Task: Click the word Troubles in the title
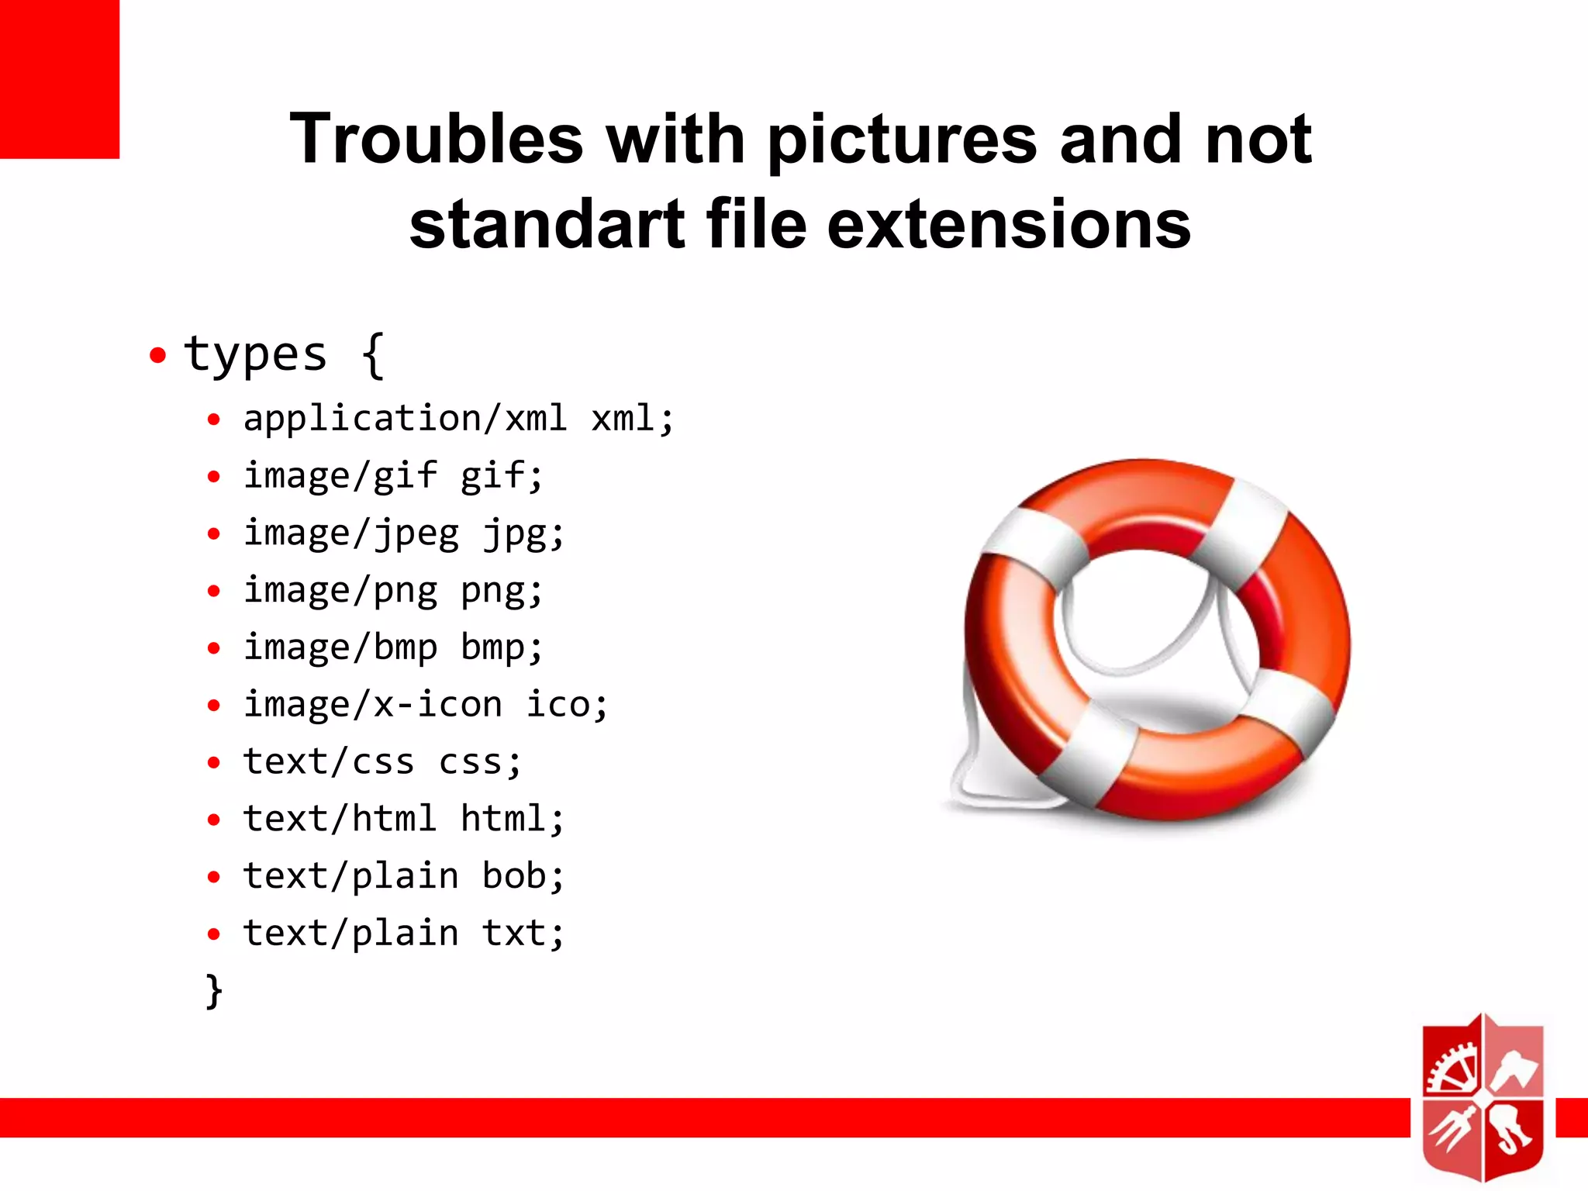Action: point(436,140)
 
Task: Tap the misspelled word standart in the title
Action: point(547,225)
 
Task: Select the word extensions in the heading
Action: point(1009,225)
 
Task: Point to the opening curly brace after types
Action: point(373,355)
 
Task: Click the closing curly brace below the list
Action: point(214,991)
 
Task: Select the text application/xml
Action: point(405,419)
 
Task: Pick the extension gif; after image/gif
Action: point(502,476)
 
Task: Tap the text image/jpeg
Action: point(351,533)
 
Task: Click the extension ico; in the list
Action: point(567,705)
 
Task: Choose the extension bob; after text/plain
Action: point(523,876)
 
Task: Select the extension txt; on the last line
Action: point(523,934)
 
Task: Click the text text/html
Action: point(340,819)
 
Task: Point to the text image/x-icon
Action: point(373,705)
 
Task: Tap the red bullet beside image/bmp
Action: point(214,648)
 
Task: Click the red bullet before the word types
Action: point(158,356)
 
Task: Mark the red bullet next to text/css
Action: point(214,763)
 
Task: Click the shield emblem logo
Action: point(1483,1097)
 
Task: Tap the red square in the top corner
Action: point(60,78)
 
